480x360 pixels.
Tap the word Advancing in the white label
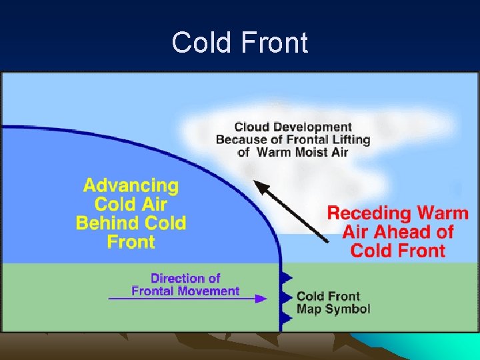(131, 186)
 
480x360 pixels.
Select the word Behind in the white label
(109, 223)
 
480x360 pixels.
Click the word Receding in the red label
(368, 214)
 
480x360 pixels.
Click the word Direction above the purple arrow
(175, 279)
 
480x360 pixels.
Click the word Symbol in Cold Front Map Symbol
(351, 309)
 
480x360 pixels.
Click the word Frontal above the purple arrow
(151, 291)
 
